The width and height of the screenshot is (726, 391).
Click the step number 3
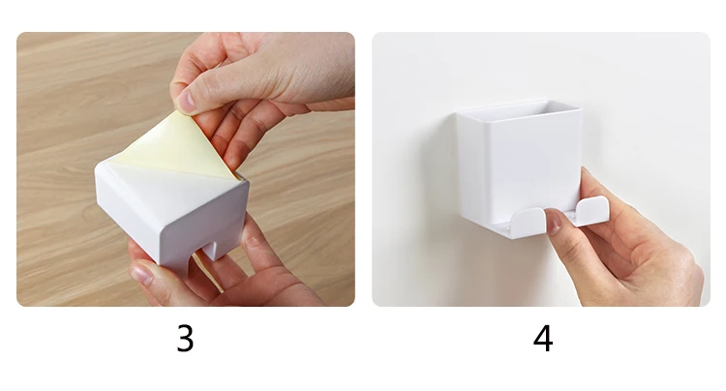[x=185, y=339]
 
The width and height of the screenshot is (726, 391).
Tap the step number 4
[x=543, y=339]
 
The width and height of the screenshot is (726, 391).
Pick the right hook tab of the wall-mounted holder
[x=591, y=207]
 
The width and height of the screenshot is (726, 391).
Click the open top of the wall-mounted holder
[x=519, y=110]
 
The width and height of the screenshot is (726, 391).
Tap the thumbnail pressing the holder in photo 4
[x=554, y=221]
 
